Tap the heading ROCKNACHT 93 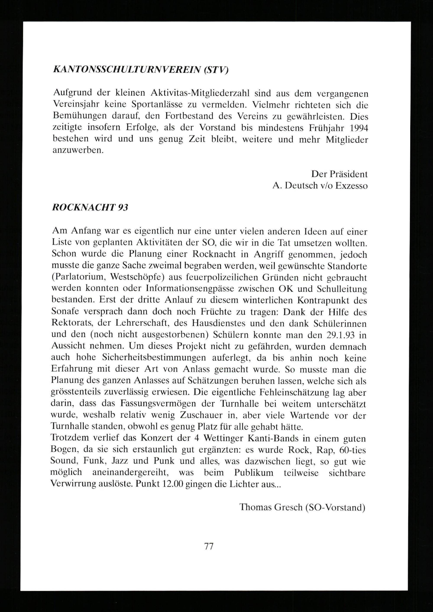point(90,207)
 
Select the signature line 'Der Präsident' point(339,174)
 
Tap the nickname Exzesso point(351,186)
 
